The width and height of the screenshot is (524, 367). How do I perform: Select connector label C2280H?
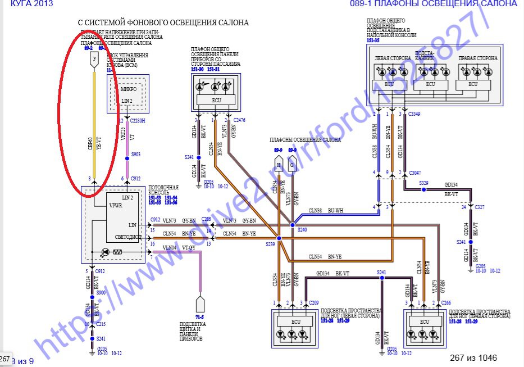(138, 120)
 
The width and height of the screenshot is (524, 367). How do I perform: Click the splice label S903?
(136, 153)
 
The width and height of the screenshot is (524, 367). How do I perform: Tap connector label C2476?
(240, 120)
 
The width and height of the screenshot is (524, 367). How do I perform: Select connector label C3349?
(414, 114)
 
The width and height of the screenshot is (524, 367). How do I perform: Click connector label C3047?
(414, 173)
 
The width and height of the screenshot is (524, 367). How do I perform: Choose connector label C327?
(479, 207)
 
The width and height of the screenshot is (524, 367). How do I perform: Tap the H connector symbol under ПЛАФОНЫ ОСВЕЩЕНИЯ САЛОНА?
(278, 165)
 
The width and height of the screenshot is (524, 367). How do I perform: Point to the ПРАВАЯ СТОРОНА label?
(477, 58)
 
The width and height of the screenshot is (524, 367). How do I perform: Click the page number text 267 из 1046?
(473, 357)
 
